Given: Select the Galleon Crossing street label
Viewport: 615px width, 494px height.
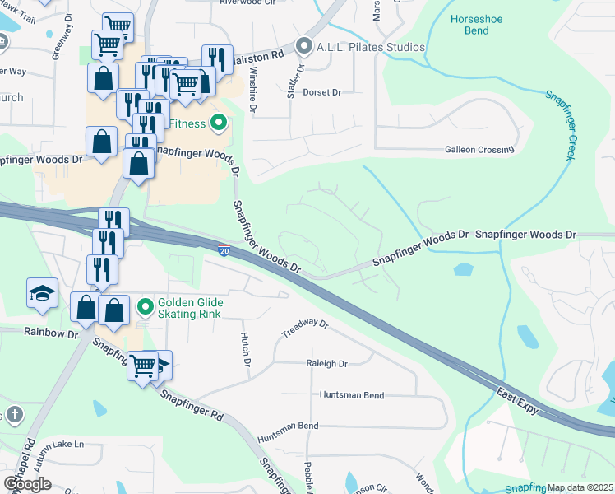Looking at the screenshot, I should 479,150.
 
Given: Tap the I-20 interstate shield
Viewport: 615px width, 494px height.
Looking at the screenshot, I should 224,249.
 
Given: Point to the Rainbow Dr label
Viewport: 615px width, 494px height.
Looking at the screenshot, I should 50,333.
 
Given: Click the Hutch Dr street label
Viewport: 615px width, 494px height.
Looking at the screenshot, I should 244,348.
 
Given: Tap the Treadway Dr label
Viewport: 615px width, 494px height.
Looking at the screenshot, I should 305,329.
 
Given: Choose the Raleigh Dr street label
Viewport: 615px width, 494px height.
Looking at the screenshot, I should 326,363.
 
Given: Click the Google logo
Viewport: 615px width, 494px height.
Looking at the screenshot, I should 27,483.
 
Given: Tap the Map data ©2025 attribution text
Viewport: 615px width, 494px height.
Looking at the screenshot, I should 580,487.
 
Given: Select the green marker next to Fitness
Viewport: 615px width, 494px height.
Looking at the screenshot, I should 218,124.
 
